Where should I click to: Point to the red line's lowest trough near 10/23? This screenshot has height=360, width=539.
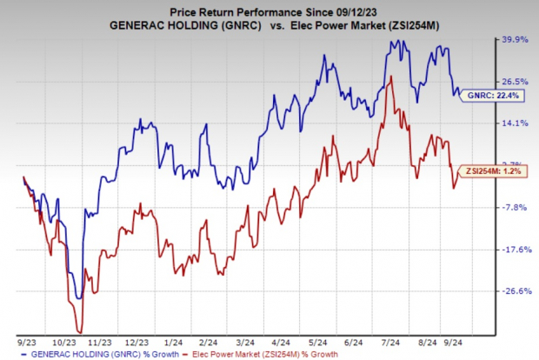click(80, 330)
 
